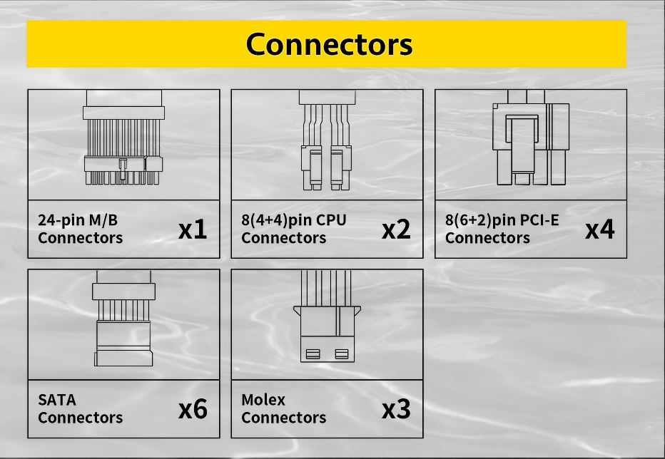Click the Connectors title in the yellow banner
pos(329,44)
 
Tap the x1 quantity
pos(193,229)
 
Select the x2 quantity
pos(396,229)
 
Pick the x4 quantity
pos(599,229)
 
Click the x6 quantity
pos(193,409)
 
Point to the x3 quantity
pos(396,409)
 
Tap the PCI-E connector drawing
pos(531,143)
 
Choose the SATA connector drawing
pos(123,321)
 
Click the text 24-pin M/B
pos(78,220)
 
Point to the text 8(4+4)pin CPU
pos(293,220)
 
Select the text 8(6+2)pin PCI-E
pos(502,220)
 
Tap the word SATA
pos(57,399)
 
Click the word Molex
pos(263,399)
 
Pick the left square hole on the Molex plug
pos(313,354)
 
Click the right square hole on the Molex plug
pos(341,354)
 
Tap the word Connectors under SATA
pos(80,418)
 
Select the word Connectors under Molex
pos(283,418)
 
